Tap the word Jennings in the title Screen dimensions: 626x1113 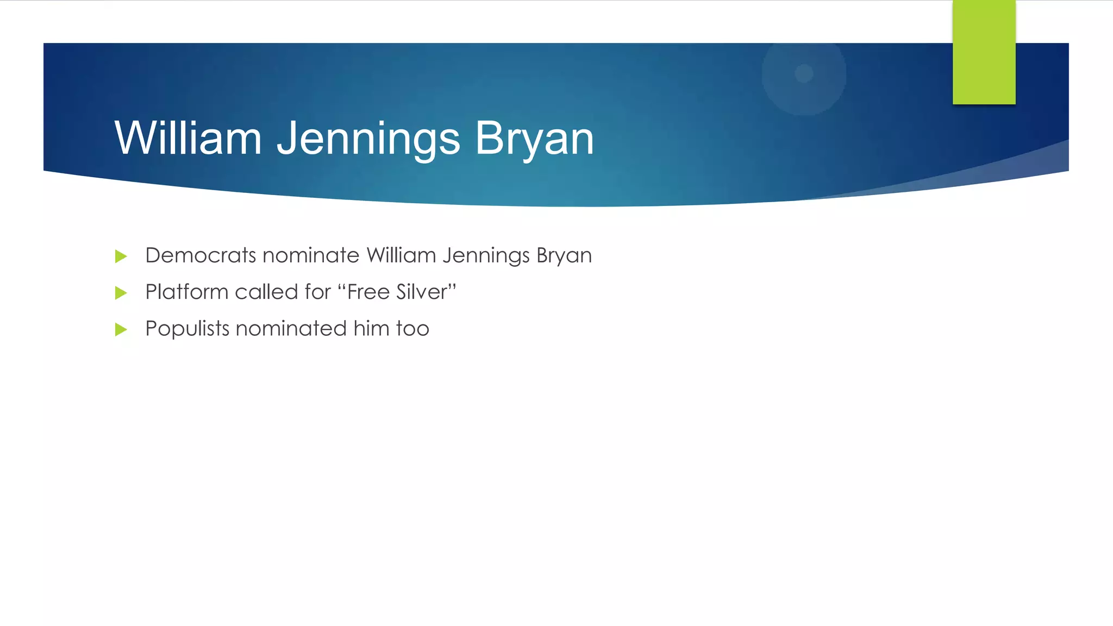[x=368, y=139]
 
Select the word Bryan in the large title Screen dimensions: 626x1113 [x=534, y=139]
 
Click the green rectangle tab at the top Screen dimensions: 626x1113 [x=984, y=52]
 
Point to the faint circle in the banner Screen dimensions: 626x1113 [x=804, y=73]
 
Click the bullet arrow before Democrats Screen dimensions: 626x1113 [x=121, y=256]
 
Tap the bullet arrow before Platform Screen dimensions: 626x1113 [x=121, y=293]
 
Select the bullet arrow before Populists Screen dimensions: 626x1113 [x=121, y=329]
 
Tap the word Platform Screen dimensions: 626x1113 [x=187, y=292]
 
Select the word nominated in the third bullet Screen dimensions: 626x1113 [x=291, y=329]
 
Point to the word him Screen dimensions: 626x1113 [x=371, y=329]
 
